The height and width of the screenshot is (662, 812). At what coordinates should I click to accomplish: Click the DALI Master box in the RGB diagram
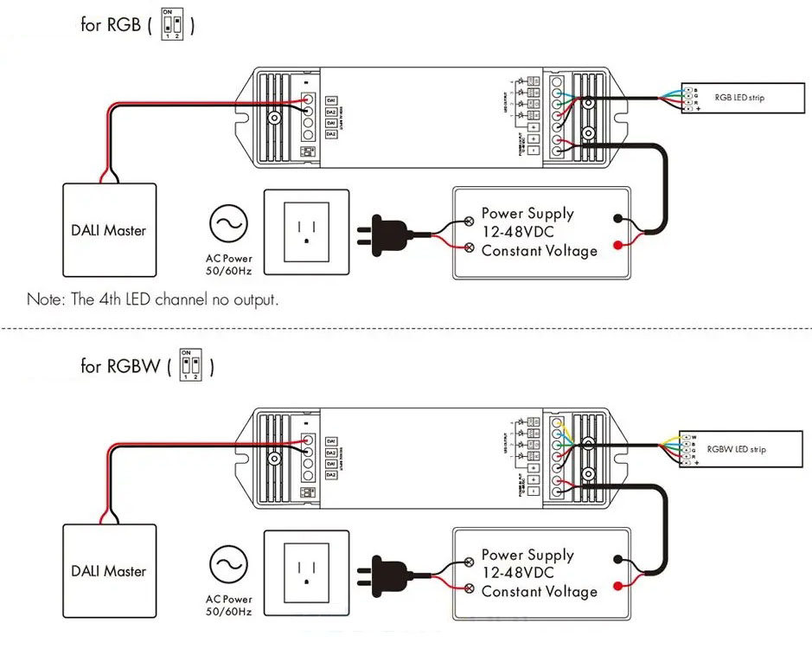click(x=109, y=229)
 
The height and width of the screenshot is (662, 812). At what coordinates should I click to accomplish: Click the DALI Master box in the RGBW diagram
click(x=109, y=570)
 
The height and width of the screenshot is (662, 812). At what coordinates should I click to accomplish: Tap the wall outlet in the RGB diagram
click(x=306, y=231)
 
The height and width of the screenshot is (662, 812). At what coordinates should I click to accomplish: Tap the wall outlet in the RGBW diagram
click(x=306, y=572)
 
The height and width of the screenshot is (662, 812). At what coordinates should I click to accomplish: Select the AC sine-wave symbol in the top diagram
click(x=229, y=224)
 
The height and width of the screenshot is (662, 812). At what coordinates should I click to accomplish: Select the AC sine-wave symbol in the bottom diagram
click(x=229, y=566)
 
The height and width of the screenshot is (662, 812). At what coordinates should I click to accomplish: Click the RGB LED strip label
click(x=739, y=98)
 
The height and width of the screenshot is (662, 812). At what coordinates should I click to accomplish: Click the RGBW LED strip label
click(x=736, y=449)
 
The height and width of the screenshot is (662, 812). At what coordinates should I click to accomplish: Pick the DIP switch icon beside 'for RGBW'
click(x=191, y=364)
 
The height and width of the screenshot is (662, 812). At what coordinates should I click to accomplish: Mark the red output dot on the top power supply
click(x=617, y=246)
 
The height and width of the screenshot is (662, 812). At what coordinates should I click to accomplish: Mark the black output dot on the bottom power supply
click(x=617, y=560)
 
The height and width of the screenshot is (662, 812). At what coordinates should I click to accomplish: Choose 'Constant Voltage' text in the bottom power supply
click(x=539, y=592)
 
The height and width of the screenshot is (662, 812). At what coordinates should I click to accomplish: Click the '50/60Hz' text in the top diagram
click(x=229, y=272)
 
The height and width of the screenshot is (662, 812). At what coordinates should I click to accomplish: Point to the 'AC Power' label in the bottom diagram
click(x=229, y=599)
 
